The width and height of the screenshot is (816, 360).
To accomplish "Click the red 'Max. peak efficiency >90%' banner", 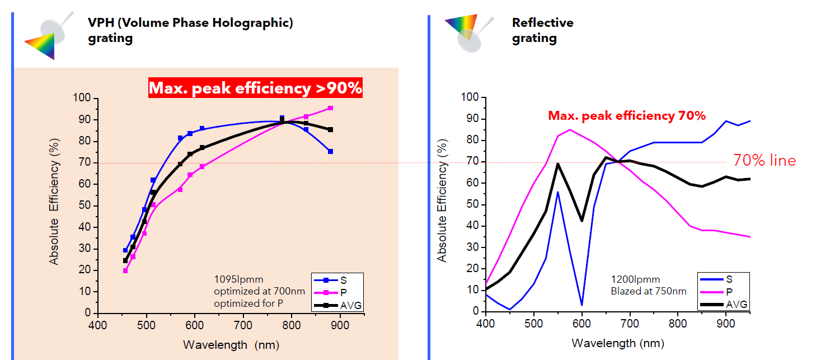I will (255, 88).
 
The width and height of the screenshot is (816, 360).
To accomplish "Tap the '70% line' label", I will (764, 161).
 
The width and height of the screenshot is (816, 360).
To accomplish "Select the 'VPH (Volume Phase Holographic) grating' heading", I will (190, 30).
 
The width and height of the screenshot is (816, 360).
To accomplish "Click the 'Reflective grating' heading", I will (542, 30).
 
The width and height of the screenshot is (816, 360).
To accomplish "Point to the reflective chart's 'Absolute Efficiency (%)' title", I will (443, 204).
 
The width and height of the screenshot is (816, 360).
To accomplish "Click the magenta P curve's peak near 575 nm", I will (570, 130).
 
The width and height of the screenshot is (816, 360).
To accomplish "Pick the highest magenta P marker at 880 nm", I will (330, 108).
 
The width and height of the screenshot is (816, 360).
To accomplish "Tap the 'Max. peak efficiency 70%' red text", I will (626, 116).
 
